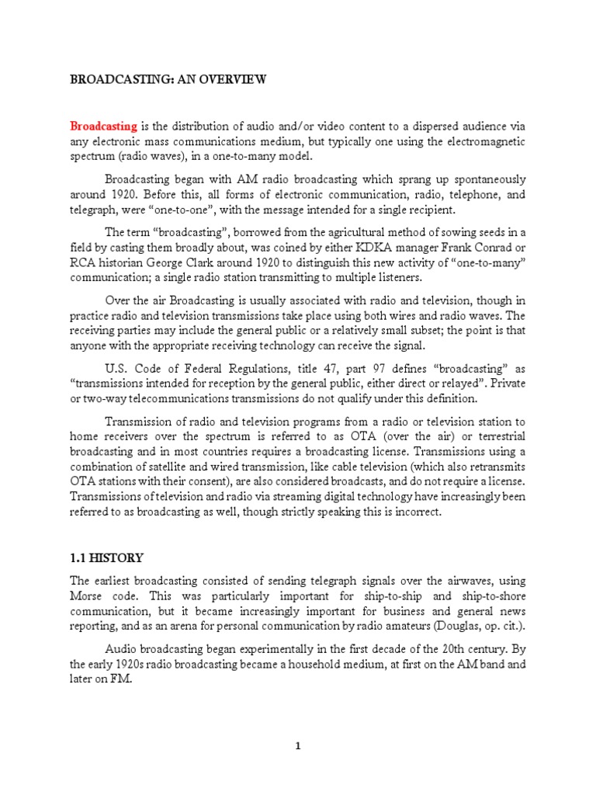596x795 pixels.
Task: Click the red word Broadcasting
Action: click(104, 126)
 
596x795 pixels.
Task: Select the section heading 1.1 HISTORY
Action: click(107, 558)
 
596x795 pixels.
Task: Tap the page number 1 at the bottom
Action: click(297, 746)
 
